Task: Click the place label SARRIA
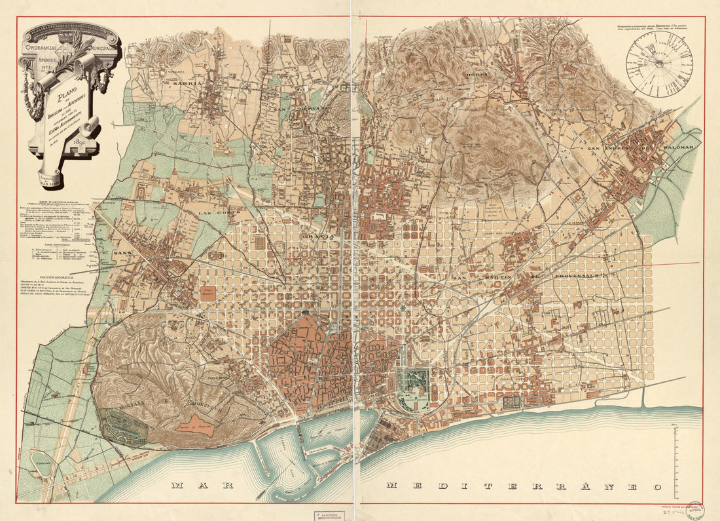click(185, 84)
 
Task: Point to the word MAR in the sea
click(194, 486)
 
